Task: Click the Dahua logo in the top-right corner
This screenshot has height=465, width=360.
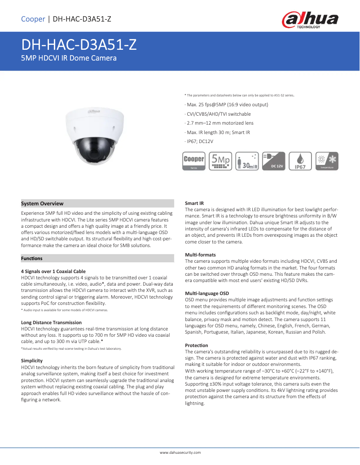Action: point(310,20)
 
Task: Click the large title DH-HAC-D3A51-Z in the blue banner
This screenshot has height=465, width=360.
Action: point(79,45)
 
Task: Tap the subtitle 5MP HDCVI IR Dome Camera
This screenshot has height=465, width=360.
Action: point(69,58)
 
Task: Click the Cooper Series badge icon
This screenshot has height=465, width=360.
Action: point(194,161)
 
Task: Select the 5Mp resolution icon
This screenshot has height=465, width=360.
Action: point(221,161)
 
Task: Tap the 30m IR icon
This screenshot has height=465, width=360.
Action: point(248,161)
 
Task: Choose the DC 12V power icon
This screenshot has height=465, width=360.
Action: point(274,161)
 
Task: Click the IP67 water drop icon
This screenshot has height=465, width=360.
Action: point(300,161)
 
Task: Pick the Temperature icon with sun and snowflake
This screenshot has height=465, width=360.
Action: point(327,161)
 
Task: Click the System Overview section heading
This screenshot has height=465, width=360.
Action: point(43,204)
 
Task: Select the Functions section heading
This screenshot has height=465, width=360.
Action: point(32,258)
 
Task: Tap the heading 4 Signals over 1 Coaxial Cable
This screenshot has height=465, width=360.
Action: point(53,271)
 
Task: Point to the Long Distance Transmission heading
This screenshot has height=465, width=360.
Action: point(51,322)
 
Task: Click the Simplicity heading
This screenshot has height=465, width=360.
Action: point(32,361)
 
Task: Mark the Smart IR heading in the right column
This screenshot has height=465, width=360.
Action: point(194,204)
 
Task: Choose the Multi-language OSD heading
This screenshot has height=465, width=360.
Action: point(207,293)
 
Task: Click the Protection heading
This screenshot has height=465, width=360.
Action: point(197,345)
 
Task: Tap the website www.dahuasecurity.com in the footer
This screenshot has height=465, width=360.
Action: point(180,452)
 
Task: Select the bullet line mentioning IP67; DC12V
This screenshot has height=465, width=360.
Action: point(199,141)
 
